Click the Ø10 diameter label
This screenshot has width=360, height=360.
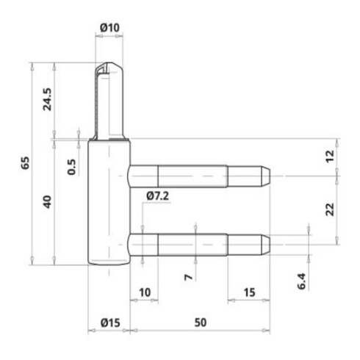click(x=110, y=27)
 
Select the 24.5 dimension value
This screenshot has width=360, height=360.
click(x=47, y=99)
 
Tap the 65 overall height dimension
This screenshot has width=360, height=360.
click(x=25, y=163)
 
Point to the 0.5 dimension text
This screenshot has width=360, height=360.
click(x=71, y=167)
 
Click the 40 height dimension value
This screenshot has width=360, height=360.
click(x=47, y=202)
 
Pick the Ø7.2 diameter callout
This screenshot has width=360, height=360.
click(x=158, y=196)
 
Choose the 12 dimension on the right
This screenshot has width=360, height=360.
click(x=330, y=156)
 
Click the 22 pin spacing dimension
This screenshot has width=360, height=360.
click(x=330, y=209)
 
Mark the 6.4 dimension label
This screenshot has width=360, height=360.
click(x=302, y=281)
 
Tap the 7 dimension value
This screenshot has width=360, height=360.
click(x=188, y=277)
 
